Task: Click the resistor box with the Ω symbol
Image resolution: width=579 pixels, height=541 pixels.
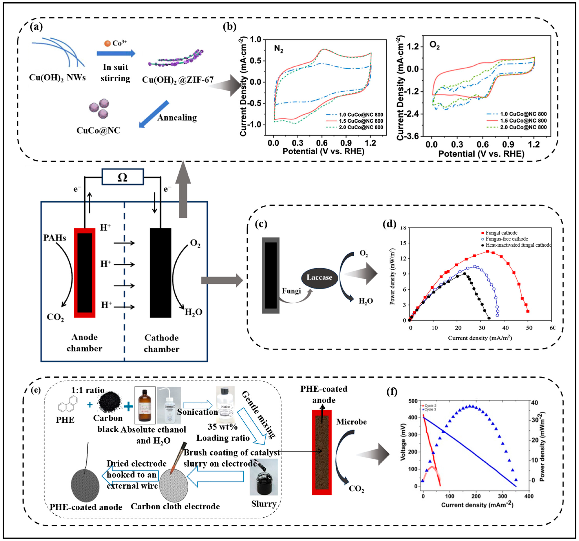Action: pos(123,177)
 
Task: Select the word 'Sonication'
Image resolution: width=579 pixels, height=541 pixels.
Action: pos(197,412)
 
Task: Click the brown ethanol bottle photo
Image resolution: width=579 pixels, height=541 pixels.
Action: pos(145,405)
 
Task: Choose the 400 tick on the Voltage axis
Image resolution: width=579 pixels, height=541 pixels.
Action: pos(413,417)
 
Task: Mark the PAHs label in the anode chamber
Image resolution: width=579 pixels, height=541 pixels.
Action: pos(54,238)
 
